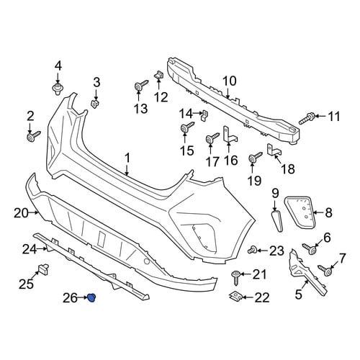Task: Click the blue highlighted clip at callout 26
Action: pos(91,298)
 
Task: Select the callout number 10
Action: pos(229,81)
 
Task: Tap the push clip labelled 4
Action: pos(58,89)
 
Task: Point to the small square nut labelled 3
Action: pos(95,104)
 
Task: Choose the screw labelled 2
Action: pos(33,136)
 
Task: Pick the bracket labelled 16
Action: pos(230,135)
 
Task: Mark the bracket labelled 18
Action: pos(274,150)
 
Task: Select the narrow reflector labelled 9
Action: pos(277,221)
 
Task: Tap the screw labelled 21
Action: pos(236,277)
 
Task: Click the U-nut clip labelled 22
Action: pos(235,297)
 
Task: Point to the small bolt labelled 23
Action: pos(252,251)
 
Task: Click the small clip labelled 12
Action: pos(159,74)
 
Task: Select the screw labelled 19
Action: pos(255,158)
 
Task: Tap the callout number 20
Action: pos(21,213)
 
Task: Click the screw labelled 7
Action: pos(325,270)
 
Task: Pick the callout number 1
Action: pos(127,158)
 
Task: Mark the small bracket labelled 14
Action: pos(204,115)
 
